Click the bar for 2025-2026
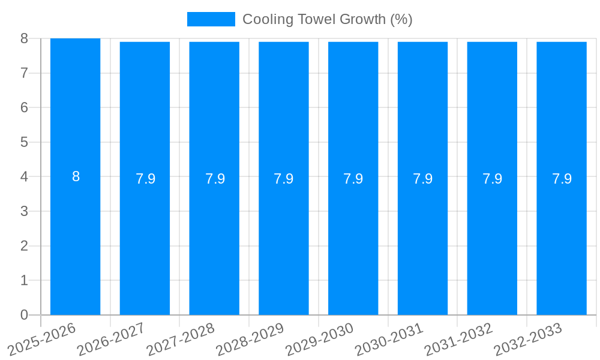[75, 120]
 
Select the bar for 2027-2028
[214, 120]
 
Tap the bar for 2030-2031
[422, 120]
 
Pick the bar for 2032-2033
[562, 120]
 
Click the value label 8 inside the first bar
[76, 177]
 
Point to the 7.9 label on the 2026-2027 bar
[145, 179]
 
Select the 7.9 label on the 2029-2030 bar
[353, 179]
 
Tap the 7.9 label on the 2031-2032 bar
[492, 179]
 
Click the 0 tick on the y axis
[24, 315]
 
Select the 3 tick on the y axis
[24, 211]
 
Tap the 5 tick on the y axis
[24, 142]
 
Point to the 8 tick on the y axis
[24, 38]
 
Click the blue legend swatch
[211, 19]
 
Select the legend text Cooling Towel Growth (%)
[327, 19]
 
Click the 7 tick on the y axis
[24, 73]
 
